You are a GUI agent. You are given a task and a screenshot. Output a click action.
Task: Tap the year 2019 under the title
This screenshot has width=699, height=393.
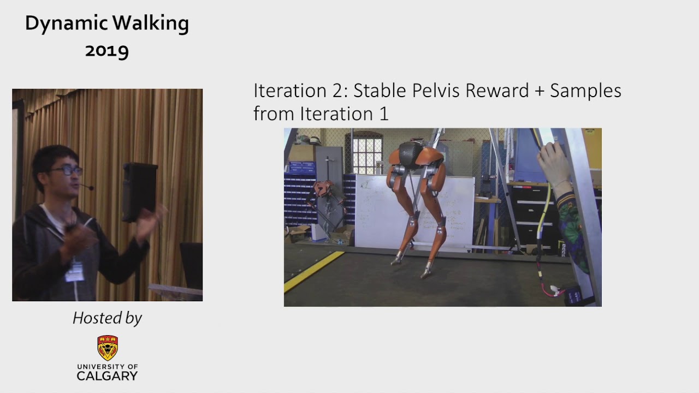[x=107, y=51]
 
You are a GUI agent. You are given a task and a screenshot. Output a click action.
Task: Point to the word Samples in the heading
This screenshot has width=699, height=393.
[x=585, y=91]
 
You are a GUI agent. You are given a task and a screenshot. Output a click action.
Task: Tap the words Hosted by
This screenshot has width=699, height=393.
[x=107, y=318]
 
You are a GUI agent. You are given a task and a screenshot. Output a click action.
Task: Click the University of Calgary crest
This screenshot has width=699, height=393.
[x=108, y=348]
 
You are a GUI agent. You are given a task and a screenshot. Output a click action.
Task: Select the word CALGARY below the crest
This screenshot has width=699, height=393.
[x=107, y=376]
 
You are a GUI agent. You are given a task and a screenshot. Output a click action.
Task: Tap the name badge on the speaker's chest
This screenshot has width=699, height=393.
[x=75, y=271]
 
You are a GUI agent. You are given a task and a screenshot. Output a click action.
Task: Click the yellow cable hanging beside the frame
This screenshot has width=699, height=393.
[x=543, y=218]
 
